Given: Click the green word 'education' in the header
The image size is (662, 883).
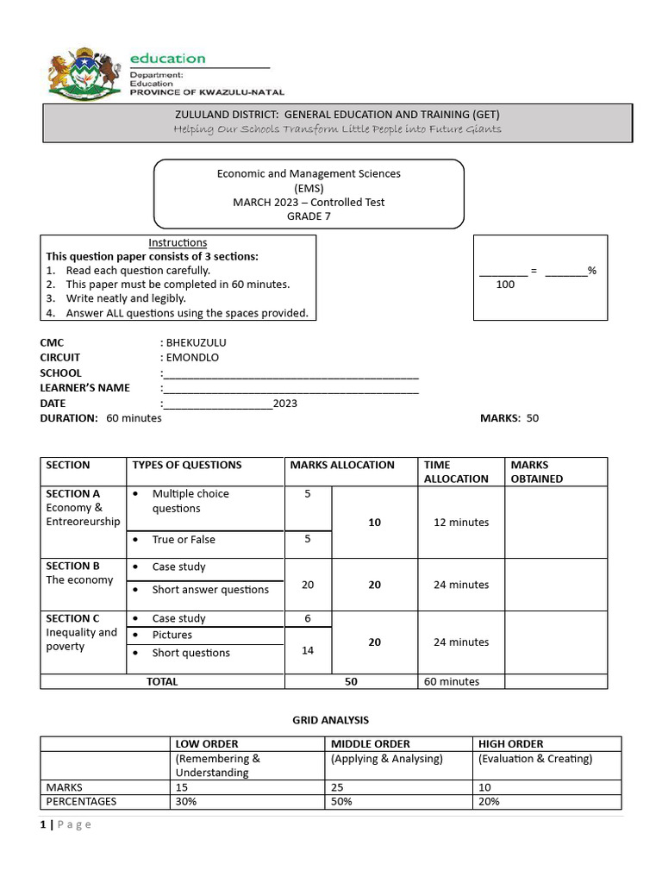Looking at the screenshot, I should pos(167,59).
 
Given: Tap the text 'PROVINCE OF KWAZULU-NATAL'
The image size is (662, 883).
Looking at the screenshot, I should pos(207,92).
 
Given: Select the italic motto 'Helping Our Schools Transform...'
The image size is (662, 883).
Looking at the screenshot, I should pos(337,129).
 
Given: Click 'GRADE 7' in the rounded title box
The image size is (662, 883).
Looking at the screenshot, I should pos(308,216).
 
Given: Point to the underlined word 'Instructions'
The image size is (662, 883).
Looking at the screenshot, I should pos(178,243).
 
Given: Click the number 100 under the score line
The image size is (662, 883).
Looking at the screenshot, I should pos(506,284).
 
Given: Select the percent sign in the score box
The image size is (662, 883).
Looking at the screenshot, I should pos(592,271).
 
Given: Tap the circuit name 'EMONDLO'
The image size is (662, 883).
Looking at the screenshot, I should pos(192,358).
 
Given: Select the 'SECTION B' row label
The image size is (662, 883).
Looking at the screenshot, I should pos(73,567).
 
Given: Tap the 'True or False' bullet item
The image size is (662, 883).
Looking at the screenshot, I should pos(184,540).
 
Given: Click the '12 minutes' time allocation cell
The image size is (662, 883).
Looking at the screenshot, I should pos(461,523).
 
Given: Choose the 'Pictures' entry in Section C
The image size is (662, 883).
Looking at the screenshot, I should pos(172,636).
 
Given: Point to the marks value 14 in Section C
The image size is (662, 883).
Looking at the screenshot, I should pos(308,650).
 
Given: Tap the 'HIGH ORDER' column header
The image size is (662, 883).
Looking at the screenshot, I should pos(510,743).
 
